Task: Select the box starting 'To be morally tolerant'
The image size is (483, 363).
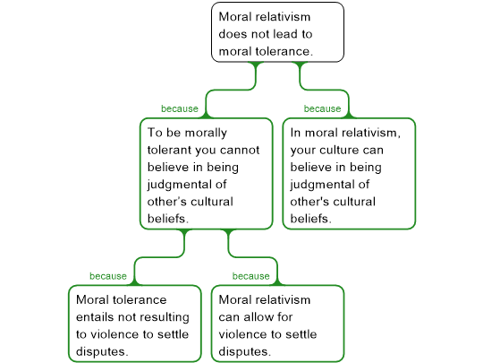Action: coord(205,174)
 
